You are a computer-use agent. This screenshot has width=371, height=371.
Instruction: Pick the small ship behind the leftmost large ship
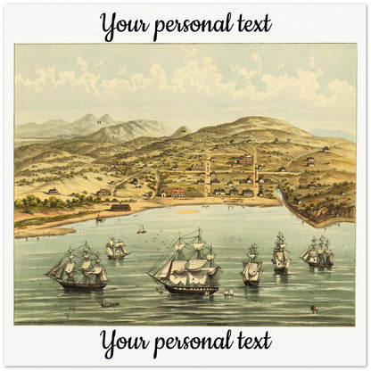[x=117, y=248]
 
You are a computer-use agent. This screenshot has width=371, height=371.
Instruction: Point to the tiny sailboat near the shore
[x=141, y=229]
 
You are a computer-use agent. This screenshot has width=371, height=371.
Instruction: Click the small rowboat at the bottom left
[x=111, y=304]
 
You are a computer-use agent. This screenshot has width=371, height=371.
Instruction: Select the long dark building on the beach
[x=120, y=207]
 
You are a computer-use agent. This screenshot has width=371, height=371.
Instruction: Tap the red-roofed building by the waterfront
[x=177, y=192]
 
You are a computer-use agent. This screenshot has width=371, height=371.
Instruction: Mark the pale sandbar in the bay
[x=187, y=212]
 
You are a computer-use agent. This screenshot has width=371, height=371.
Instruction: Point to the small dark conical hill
[x=184, y=131]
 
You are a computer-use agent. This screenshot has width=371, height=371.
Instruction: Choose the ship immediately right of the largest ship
[x=251, y=266]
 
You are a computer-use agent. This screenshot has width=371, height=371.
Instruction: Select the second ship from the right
[x=281, y=253]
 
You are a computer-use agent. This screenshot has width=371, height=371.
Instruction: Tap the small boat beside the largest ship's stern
[x=227, y=292]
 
